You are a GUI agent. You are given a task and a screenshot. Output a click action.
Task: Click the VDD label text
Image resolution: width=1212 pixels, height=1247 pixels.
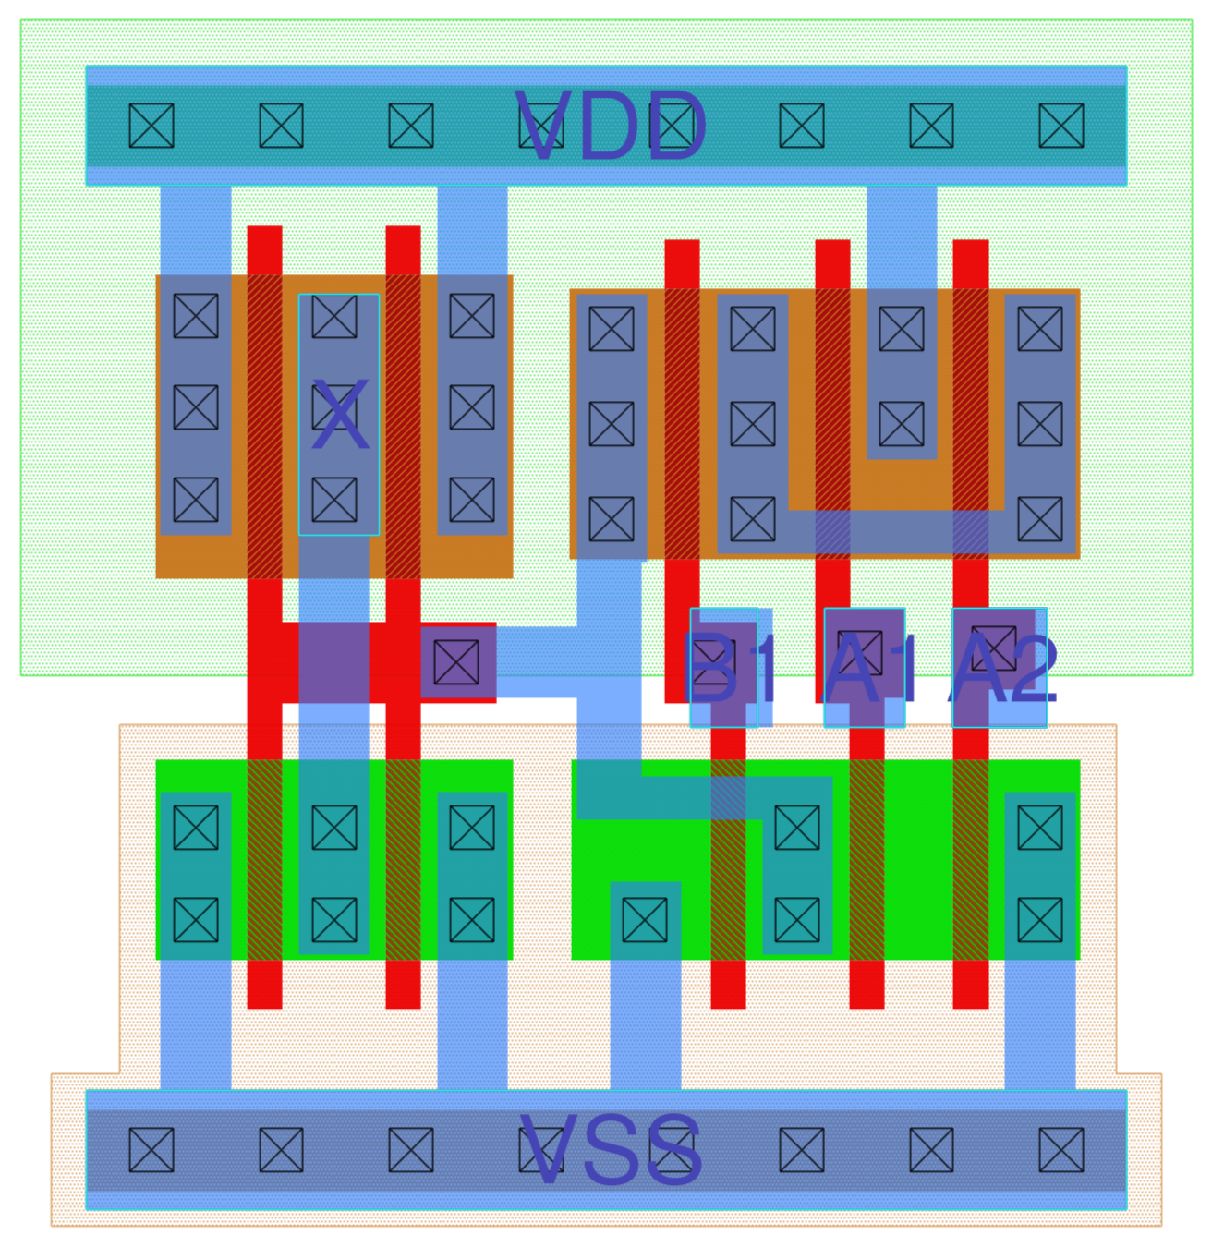[611, 127]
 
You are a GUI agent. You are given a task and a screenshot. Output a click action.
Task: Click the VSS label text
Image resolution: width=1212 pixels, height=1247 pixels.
[611, 1150]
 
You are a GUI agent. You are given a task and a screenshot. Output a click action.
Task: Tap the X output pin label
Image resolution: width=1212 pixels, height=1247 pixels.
[340, 417]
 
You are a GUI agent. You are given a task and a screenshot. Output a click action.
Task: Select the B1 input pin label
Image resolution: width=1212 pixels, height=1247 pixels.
[723, 667]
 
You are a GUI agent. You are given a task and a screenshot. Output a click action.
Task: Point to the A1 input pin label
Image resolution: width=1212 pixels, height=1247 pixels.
[865, 667]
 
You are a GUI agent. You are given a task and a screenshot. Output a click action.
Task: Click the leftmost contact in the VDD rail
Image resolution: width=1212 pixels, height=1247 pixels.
[151, 126]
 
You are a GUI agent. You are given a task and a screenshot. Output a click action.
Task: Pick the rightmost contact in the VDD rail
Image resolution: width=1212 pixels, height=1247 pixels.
[1061, 126]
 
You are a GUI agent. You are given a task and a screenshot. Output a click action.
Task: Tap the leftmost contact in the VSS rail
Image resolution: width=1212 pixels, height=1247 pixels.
[151, 1150]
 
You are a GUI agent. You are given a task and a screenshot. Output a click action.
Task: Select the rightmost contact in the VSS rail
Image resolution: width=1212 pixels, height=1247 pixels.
[1061, 1150]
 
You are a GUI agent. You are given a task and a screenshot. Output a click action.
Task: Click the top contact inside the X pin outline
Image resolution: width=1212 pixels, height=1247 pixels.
[334, 317]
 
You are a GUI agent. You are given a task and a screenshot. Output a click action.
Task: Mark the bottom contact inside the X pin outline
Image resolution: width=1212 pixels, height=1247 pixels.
[334, 500]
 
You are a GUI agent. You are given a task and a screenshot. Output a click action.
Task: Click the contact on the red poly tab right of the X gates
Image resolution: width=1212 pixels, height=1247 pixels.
[456, 662]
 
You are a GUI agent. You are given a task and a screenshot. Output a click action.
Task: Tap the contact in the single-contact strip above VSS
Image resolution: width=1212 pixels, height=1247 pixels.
[645, 920]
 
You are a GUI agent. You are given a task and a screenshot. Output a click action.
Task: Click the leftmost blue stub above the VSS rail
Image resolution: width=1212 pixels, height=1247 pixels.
[196, 1025]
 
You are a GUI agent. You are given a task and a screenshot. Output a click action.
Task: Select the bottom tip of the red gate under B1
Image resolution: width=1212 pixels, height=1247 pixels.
[728, 998]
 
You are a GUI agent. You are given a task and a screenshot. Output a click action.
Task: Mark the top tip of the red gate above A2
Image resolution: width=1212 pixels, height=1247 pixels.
[971, 249]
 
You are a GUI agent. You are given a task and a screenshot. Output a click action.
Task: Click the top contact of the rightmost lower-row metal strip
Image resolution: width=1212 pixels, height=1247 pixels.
[1040, 828]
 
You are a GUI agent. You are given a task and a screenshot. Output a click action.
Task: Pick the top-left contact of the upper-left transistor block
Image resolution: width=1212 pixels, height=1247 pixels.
[196, 317]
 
